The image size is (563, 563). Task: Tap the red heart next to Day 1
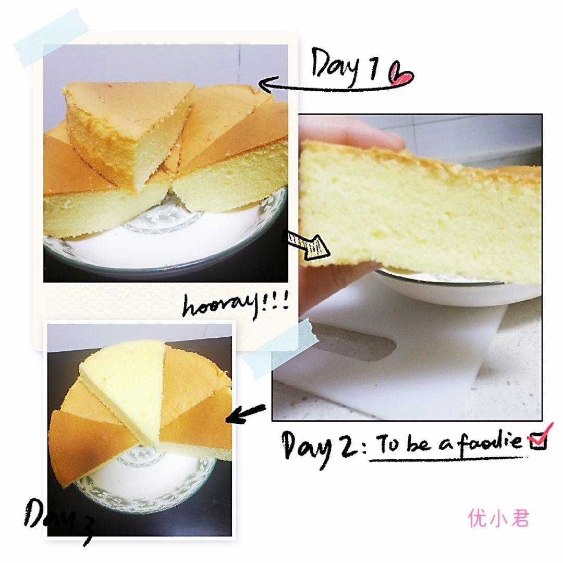click(x=401, y=75)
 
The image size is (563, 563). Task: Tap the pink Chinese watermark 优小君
click(x=498, y=519)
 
